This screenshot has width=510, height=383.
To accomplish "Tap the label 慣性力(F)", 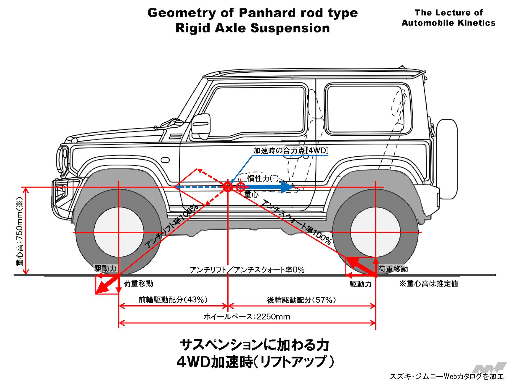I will (x=263, y=178).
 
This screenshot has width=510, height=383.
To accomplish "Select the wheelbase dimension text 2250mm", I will (x=247, y=317).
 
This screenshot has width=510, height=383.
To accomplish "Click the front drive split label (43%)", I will (x=173, y=300).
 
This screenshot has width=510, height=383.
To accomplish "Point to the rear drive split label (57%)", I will (x=301, y=300).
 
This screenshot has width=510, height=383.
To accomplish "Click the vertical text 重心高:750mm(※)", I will (x=20, y=231).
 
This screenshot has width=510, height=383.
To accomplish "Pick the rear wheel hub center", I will (x=375, y=232).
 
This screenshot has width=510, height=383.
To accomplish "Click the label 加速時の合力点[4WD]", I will (x=291, y=151).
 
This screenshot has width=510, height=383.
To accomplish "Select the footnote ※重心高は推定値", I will (x=429, y=284).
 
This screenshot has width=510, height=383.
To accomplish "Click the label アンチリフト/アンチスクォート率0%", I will (x=247, y=270).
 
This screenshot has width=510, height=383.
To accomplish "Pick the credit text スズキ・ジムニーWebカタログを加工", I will (x=446, y=376).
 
